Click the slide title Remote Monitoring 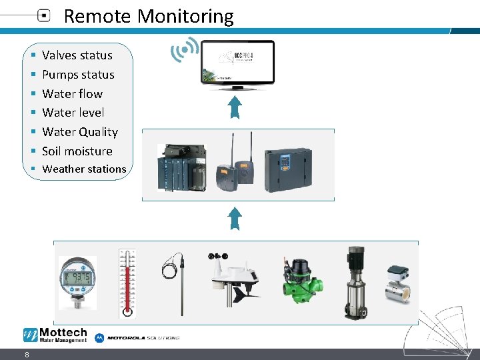(148, 16)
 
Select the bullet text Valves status (77, 55)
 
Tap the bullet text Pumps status (78, 75)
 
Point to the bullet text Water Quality (79, 132)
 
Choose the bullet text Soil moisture (77, 151)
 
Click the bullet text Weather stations (84, 169)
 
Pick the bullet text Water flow (72, 94)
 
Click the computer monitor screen (238, 61)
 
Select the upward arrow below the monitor (235, 107)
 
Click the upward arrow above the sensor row (235, 217)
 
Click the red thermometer (127, 283)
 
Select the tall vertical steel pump (355, 283)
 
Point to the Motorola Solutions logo (137, 337)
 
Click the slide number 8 (26, 355)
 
